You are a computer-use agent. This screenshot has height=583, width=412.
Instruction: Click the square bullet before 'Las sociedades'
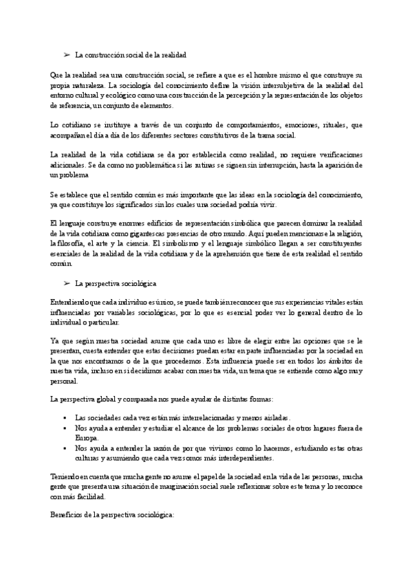coord(64,417)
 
